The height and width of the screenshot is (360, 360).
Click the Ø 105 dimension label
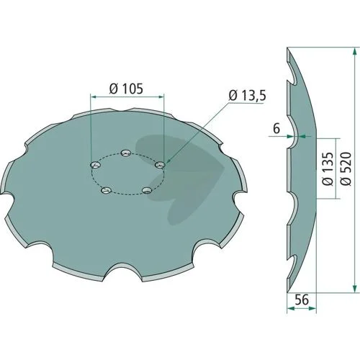coord(126,89)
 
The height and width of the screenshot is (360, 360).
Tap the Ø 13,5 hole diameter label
coord(248,96)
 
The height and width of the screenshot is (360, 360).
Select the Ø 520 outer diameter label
coord(346,168)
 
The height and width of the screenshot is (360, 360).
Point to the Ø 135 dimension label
coord(328,168)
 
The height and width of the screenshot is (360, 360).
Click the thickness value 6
coord(276,129)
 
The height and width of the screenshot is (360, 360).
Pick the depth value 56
coord(302,300)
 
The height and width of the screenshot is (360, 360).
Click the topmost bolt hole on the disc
coord(126,153)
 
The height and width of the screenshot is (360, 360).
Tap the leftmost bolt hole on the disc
coord(95,165)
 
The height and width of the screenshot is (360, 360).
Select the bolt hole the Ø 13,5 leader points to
coord(160,165)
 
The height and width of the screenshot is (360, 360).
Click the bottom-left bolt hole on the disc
coord(106,191)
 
